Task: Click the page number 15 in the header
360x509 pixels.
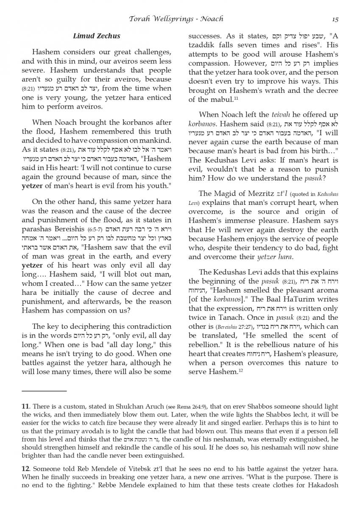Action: (x=335, y=19)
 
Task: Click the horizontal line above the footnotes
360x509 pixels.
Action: (x=44, y=391)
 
